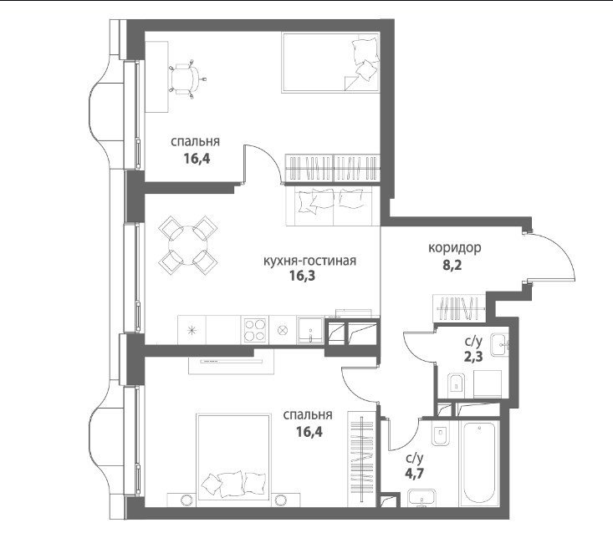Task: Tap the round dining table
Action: click(188, 245)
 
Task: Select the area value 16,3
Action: click(302, 276)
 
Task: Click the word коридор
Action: click(455, 248)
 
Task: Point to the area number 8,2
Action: click(452, 266)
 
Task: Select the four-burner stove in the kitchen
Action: click(255, 330)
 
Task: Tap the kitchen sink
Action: click(310, 330)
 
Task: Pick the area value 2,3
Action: click(473, 357)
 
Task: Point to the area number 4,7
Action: click(415, 473)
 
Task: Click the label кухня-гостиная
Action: click(309, 261)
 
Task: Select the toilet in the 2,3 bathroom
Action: click(455, 383)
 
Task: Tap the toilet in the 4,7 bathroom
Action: click(441, 434)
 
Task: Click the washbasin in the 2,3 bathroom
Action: click(499, 345)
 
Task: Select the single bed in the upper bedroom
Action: click(330, 63)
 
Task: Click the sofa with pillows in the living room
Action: click(333, 206)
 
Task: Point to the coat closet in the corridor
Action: click(460, 308)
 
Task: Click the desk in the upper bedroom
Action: click(156, 77)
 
